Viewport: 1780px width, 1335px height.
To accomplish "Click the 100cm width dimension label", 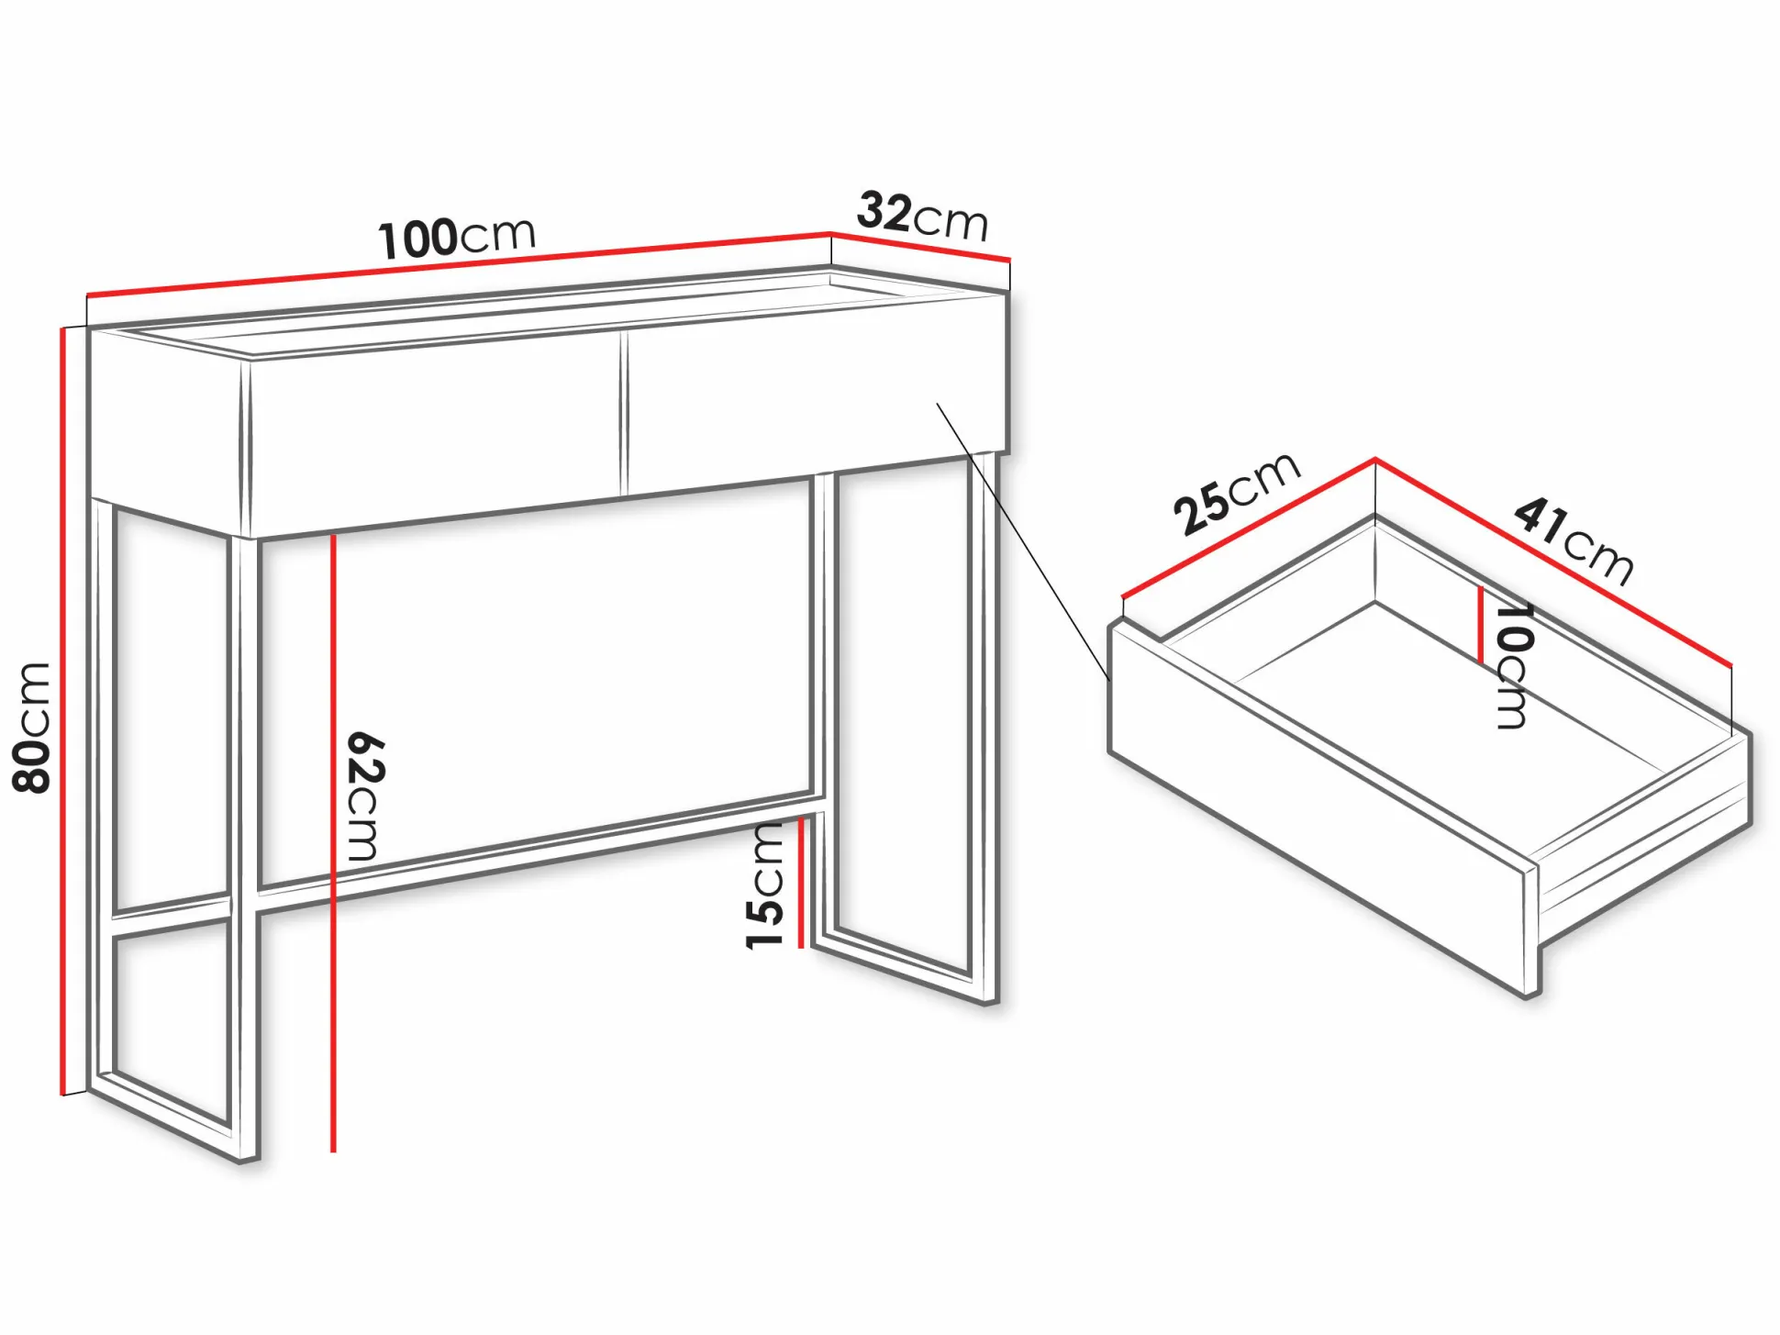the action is [457, 238].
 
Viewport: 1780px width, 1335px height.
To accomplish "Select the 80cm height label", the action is [32, 728].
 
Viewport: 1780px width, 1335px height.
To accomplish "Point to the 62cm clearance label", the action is [365, 795].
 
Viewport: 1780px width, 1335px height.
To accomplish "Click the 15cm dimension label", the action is [765, 885].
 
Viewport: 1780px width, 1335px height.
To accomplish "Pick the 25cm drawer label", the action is [1237, 493].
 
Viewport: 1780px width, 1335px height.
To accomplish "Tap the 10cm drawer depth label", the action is [1514, 665].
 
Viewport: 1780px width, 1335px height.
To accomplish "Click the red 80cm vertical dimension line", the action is [63, 711].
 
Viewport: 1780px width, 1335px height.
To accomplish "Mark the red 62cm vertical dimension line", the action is [333, 842].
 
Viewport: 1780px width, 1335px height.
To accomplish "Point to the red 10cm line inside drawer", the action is [1480, 625].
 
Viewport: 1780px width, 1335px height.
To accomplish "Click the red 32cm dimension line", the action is [920, 247].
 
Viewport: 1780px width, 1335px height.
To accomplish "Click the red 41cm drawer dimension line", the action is [1553, 561].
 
